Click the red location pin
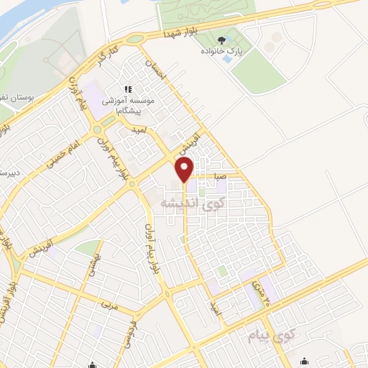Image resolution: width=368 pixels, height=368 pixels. tap(185, 170)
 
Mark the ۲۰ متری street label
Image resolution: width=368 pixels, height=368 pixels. tap(259, 291)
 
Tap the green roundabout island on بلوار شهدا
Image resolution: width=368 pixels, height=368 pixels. tap(135, 39)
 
